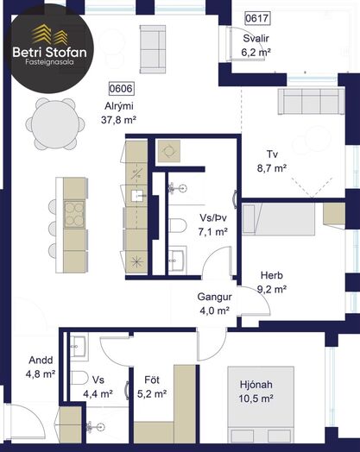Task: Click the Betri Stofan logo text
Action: (49, 52)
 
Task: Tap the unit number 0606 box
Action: (121, 89)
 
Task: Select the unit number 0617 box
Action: (257, 18)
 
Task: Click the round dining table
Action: (55, 124)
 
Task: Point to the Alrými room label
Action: (119, 106)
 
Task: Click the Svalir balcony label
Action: (256, 38)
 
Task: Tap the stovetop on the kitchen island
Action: (74, 215)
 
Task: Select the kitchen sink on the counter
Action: (137, 196)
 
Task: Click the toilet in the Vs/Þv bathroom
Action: (177, 225)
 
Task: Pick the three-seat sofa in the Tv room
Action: (311, 102)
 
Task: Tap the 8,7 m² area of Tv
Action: (272, 167)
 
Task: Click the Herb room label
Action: (272, 275)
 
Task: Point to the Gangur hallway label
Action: (215, 297)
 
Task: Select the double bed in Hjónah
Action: (261, 405)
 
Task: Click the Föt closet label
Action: (152, 380)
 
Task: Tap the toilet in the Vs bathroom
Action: (79, 378)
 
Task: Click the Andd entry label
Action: (41, 361)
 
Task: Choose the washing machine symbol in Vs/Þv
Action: (169, 151)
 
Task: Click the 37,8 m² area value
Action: (118, 120)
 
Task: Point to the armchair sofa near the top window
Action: (153, 49)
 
